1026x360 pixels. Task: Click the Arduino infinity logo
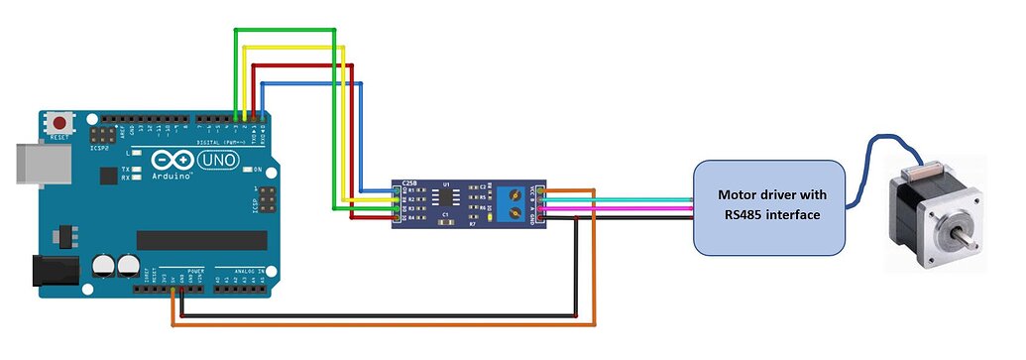click(x=170, y=160)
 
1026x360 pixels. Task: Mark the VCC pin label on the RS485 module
click(x=534, y=189)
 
